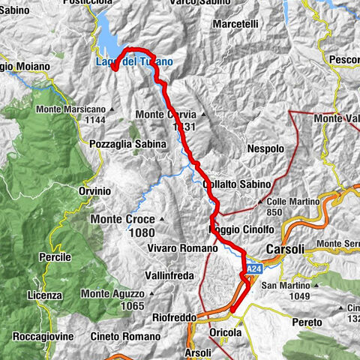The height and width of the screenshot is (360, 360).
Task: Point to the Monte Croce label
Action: (x=123, y=219)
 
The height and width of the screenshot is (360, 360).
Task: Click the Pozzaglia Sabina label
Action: (x=122, y=143)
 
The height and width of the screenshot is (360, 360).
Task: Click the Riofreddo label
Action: (x=169, y=317)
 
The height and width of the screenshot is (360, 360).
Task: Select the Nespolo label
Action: (x=265, y=149)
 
